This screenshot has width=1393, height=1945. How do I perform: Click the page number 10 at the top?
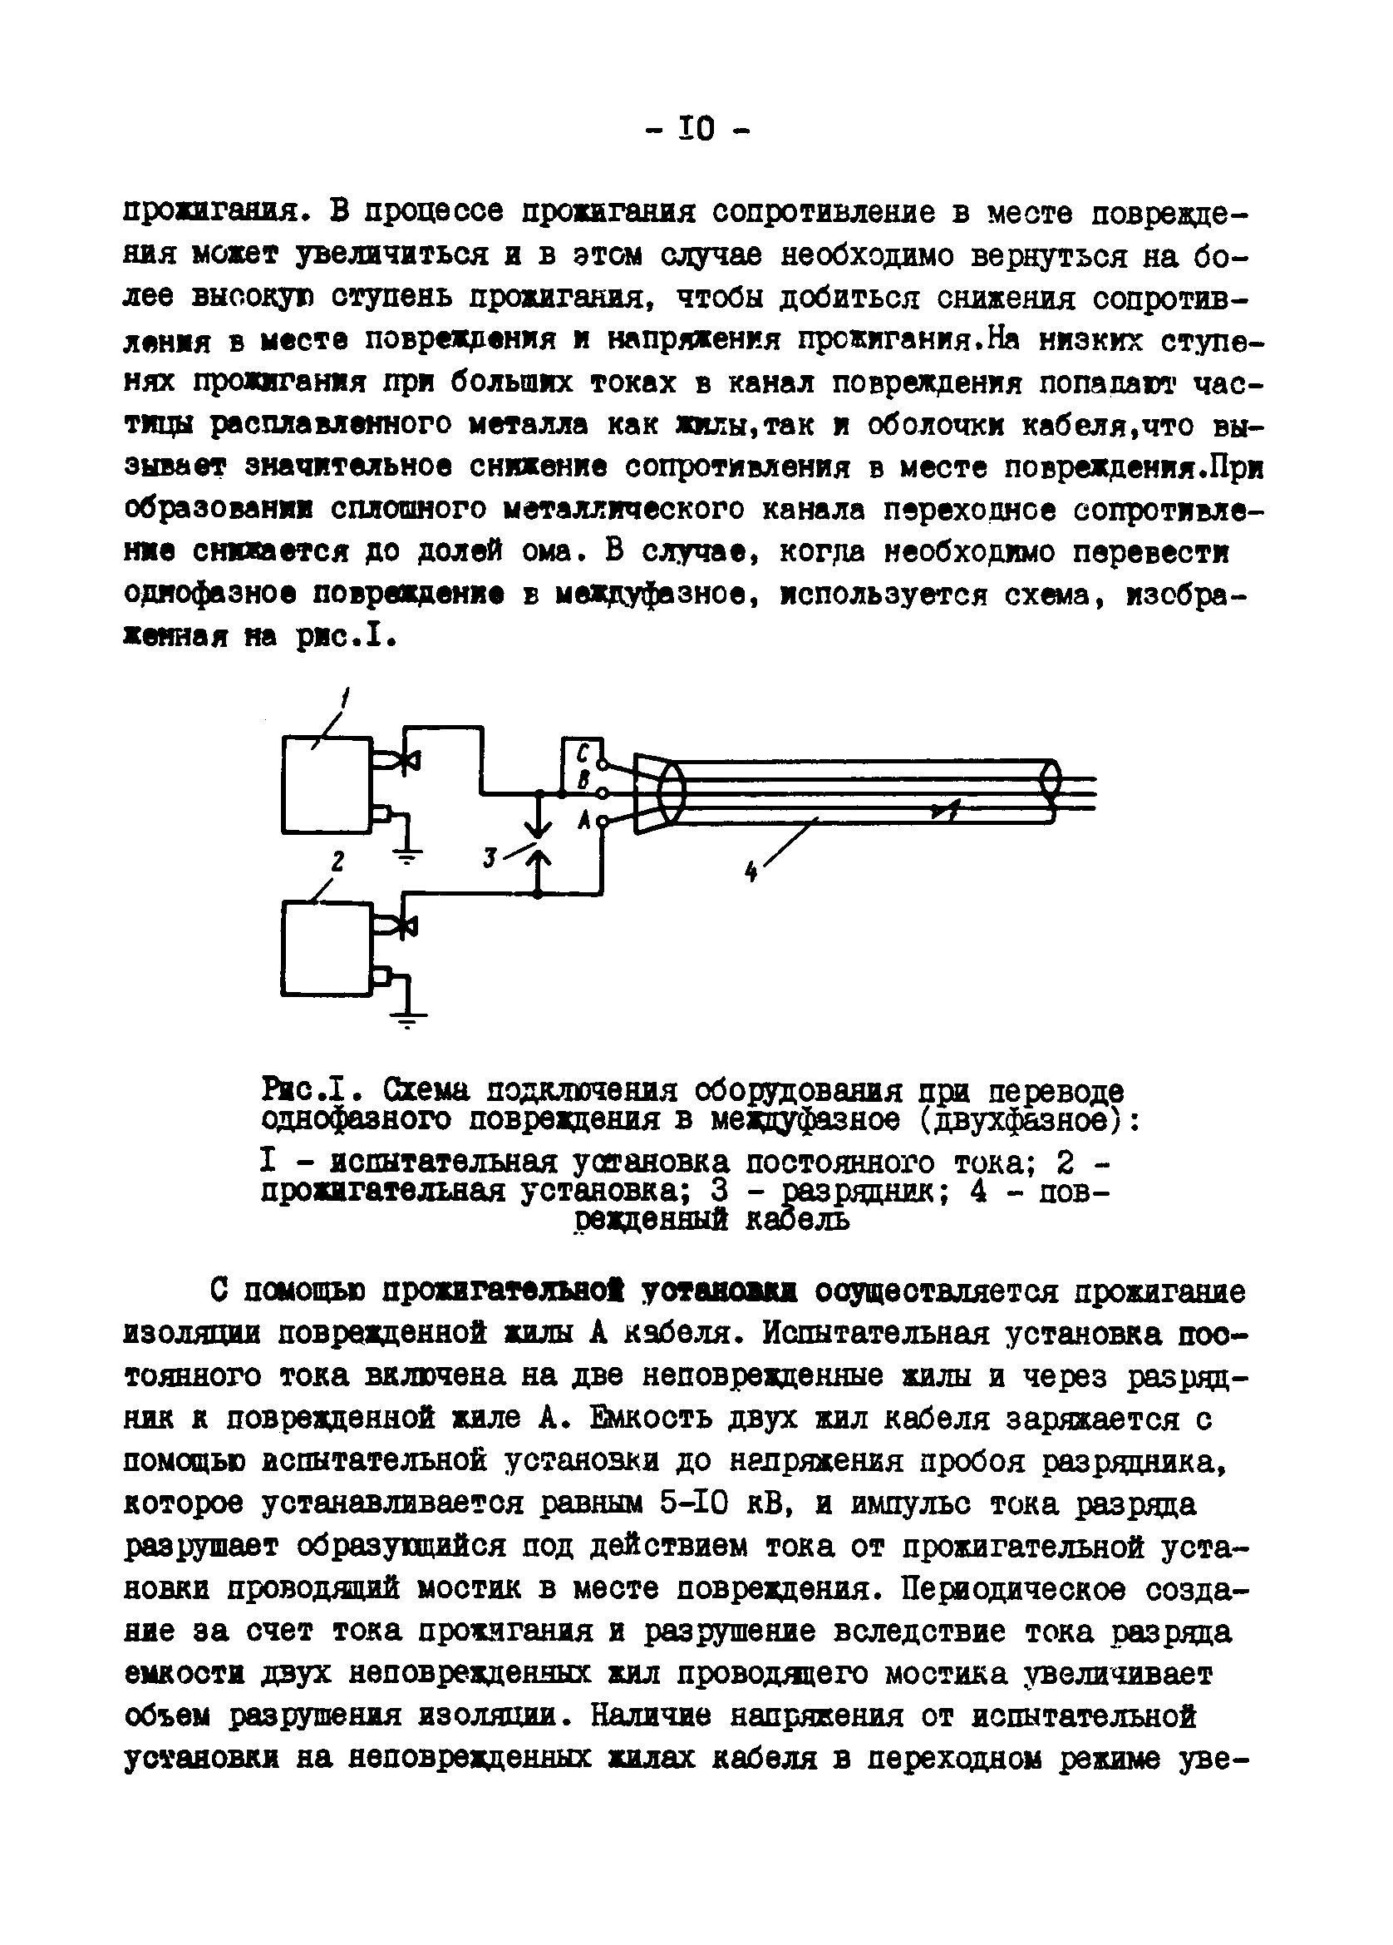[696, 130]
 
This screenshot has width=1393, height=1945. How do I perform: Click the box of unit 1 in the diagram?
[327, 784]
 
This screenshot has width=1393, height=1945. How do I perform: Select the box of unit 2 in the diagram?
[326, 948]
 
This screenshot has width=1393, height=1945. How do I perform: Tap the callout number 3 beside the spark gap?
[490, 856]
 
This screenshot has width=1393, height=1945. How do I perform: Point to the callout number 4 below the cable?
[751, 872]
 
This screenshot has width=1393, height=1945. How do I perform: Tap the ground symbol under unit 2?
[410, 1020]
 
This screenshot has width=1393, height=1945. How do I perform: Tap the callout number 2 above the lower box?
[337, 861]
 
